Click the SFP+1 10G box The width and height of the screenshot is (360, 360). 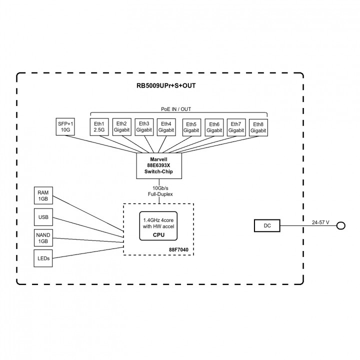[x=65, y=127]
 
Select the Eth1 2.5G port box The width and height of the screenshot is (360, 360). [x=99, y=127]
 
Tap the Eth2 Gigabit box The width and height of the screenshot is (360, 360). [x=121, y=127]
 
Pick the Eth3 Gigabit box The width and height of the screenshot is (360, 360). [x=144, y=127]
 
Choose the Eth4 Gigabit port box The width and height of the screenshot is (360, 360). [x=166, y=127]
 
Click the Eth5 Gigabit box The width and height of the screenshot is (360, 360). [x=191, y=127]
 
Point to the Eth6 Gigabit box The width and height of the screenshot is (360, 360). [x=214, y=127]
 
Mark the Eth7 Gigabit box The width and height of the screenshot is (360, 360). [x=236, y=127]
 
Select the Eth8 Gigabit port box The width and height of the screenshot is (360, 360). [x=258, y=127]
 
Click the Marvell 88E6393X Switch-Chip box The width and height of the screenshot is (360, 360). [x=159, y=166]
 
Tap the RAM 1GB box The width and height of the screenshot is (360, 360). [x=43, y=195]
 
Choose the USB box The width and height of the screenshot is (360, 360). [x=43, y=217]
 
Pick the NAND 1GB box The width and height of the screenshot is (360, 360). [x=43, y=238]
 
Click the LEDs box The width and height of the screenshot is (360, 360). [x=43, y=258]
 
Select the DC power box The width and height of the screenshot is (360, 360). [x=267, y=226]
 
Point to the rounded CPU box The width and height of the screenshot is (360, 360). [x=159, y=226]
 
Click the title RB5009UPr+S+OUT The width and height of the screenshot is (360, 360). [x=159, y=85]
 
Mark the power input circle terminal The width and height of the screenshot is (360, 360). [x=341, y=226]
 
